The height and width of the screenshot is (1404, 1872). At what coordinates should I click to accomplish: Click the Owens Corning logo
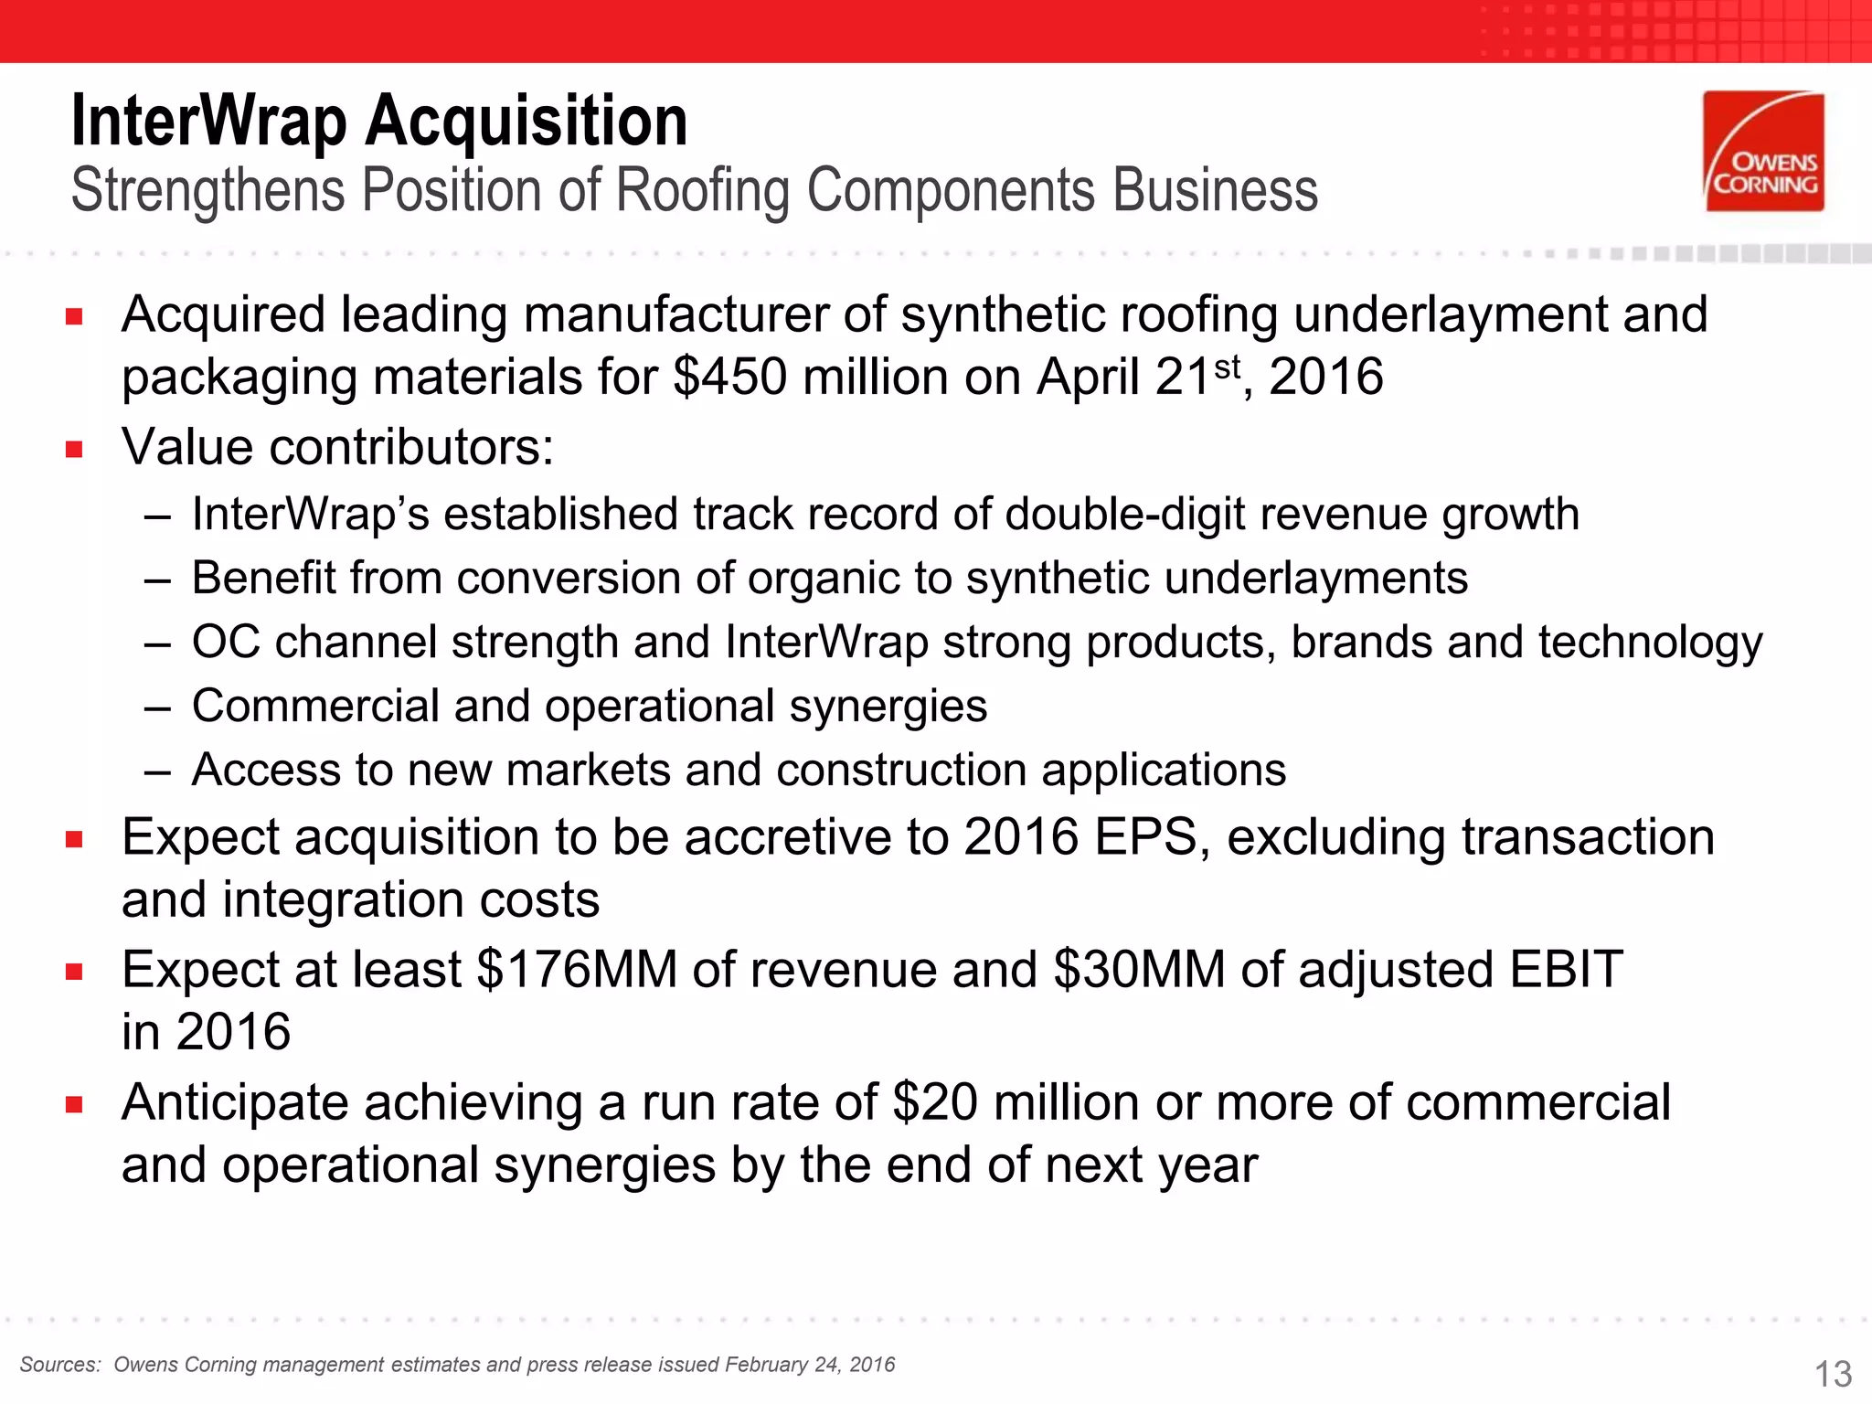click(x=1763, y=152)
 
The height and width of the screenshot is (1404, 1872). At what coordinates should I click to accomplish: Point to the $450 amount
click(x=729, y=377)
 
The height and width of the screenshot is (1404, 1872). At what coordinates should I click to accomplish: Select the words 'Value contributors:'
click(x=337, y=447)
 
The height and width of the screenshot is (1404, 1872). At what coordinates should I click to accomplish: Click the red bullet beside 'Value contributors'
click(x=74, y=449)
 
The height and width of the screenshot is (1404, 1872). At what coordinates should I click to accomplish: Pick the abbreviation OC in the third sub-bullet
click(x=226, y=642)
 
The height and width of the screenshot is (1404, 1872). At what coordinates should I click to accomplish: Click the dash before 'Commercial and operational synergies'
click(x=157, y=707)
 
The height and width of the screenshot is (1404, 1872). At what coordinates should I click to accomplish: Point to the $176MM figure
click(x=577, y=969)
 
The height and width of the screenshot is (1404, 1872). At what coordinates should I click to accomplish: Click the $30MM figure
click(x=1139, y=969)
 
